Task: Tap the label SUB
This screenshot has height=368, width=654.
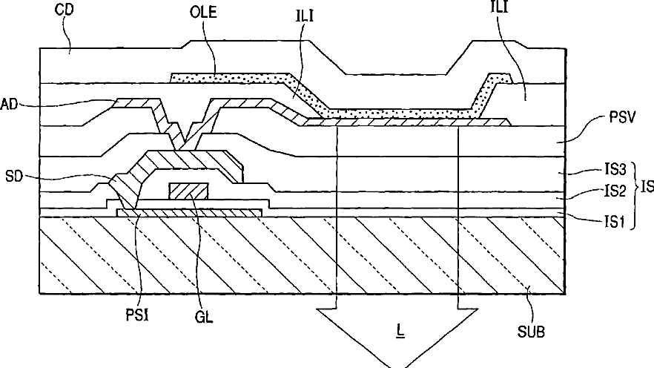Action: (x=530, y=331)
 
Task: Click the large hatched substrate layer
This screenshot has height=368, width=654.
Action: (x=297, y=256)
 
